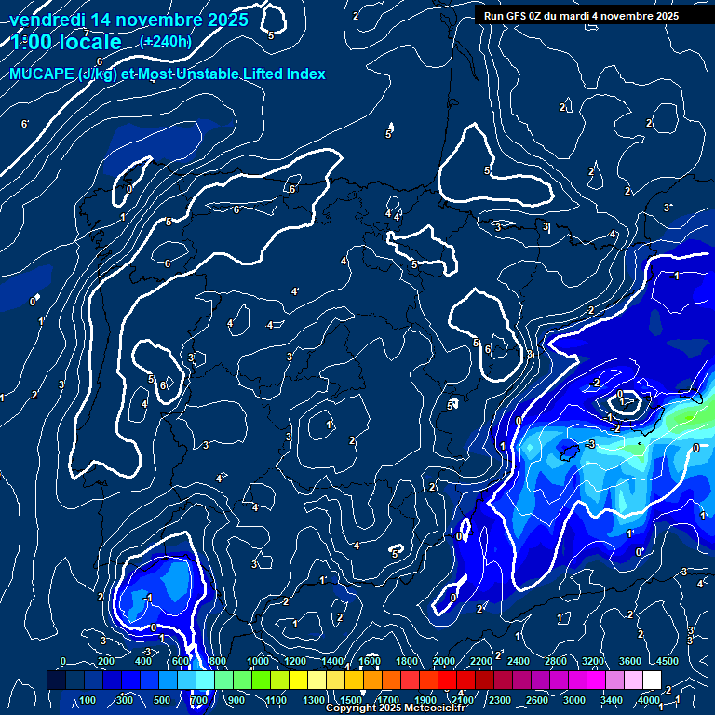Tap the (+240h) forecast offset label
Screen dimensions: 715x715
(x=166, y=42)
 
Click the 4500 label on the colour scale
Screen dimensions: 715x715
(x=668, y=661)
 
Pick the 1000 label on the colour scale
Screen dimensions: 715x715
(x=258, y=661)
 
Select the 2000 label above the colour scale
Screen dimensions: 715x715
(x=444, y=661)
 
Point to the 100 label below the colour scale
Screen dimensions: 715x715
(x=88, y=700)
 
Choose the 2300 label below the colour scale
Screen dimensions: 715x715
(x=500, y=700)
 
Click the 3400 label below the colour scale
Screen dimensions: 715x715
(x=612, y=700)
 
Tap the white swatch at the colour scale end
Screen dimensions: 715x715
(x=652, y=681)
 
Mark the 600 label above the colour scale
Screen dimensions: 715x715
(x=182, y=661)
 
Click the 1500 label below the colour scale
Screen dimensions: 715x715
(x=351, y=700)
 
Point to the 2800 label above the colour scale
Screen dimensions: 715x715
(x=556, y=661)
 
